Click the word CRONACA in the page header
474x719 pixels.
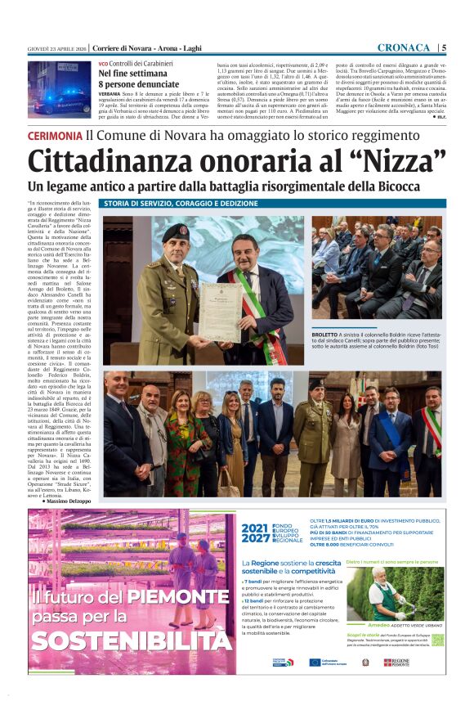405,47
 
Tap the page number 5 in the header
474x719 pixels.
443,47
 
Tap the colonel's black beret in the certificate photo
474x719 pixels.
175,232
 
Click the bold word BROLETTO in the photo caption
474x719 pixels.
328,335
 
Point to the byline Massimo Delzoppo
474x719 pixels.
68,500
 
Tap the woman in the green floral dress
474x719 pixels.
179,442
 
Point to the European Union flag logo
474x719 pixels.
315,662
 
